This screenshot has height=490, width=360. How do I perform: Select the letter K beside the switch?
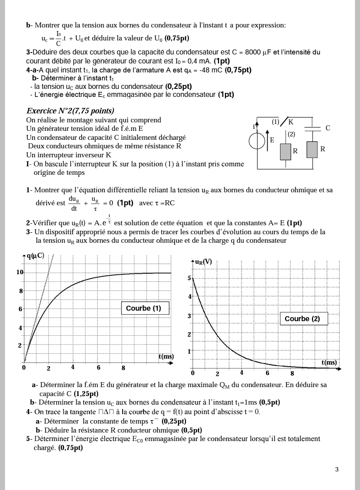coord(291,122)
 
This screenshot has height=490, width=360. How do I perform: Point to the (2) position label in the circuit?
coord(291,134)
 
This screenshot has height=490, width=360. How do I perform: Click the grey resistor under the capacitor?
coord(312,149)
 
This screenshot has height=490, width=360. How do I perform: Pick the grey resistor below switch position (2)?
coord(285,151)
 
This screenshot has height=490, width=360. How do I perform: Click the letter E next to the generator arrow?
coord(272,140)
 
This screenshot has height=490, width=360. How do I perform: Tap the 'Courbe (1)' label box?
coord(143,308)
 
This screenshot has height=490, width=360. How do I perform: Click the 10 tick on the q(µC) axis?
coord(20,272)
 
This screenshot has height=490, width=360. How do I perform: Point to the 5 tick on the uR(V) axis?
coord(189,278)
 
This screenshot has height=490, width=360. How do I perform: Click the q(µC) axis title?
coord(35,256)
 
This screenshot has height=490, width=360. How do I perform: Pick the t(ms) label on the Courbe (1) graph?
coord(166,356)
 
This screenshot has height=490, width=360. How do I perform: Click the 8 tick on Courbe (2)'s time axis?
coord(292,373)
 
